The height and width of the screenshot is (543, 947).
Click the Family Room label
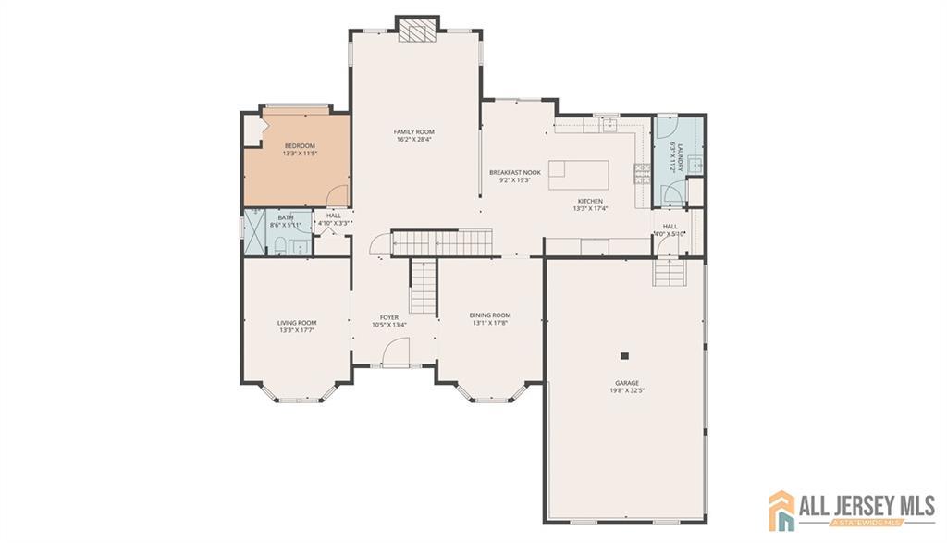(414, 131)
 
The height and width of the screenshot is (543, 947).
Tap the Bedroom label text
(300, 145)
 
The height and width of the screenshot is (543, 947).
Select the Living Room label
(297, 323)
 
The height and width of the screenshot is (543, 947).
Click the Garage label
(627, 383)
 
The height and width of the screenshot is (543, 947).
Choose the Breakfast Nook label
(515, 173)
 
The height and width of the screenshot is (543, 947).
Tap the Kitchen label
(591, 201)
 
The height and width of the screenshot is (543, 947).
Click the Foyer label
(389, 317)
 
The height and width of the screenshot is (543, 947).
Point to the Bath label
(286, 217)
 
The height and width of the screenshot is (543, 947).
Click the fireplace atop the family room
(415, 30)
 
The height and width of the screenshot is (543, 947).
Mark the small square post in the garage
(625, 355)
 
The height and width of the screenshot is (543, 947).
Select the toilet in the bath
(279, 245)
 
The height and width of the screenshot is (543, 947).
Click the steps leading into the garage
(668, 272)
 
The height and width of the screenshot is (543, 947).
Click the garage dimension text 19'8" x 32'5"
(627, 391)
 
